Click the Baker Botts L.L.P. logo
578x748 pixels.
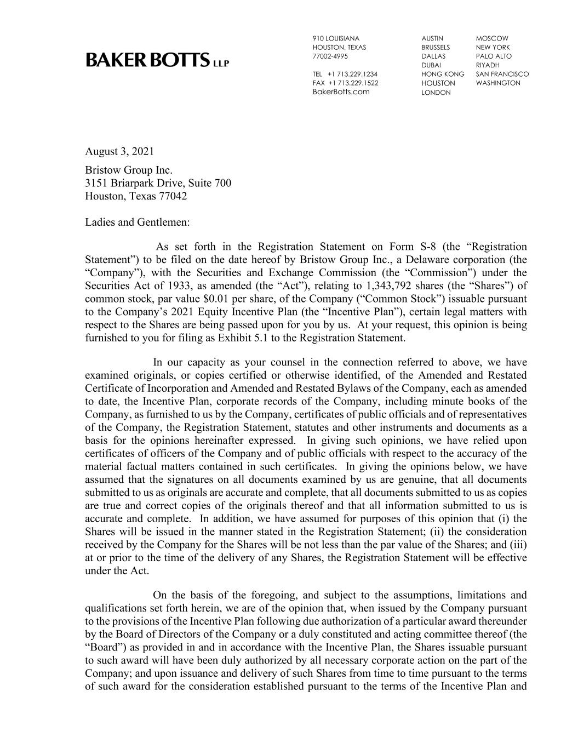click(x=157, y=60)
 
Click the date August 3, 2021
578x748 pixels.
click(x=119, y=151)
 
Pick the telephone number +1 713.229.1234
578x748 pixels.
click(x=352, y=74)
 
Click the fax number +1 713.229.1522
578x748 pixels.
click(x=352, y=83)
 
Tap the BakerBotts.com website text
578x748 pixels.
click(x=341, y=92)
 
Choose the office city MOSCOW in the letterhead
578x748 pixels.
click(x=491, y=38)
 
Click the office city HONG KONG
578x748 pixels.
click(x=442, y=74)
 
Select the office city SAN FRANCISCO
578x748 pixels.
click(x=502, y=74)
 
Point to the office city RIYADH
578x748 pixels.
click(x=488, y=65)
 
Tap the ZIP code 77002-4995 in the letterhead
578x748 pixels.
click(x=330, y=56)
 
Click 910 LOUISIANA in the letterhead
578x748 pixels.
click(x=336, y=38)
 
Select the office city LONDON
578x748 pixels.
click(x=436, y=93)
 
